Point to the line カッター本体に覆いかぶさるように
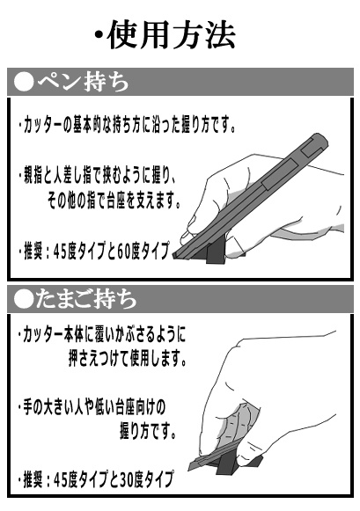(102, 337)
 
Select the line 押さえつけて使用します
(127, 358)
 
